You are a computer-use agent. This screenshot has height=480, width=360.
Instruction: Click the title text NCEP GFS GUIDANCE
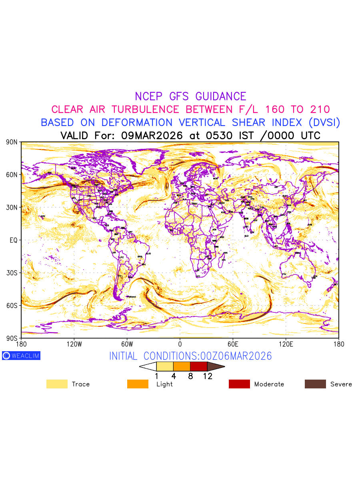point(190,96)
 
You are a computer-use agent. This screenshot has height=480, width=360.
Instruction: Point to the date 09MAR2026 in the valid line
point(152,136)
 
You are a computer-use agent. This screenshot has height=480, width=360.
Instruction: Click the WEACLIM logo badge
point(21,356)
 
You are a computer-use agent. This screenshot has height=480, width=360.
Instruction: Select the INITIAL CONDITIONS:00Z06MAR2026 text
point(190,356)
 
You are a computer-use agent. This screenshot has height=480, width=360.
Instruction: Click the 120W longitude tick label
point(74,344)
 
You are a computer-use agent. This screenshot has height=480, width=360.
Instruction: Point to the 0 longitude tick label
point(180,344)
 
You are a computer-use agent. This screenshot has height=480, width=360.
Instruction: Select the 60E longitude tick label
point(233,344)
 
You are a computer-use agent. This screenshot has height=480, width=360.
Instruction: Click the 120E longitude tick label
point(286,344)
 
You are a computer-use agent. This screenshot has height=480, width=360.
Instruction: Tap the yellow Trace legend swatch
point(56,384)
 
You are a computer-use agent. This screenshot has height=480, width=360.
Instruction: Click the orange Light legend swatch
point(138,384)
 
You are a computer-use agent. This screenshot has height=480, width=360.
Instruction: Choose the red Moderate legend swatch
point(239,384)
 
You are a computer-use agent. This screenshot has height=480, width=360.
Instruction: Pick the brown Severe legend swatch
point(315,384)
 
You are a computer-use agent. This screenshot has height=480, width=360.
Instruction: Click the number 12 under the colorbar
point(208,376)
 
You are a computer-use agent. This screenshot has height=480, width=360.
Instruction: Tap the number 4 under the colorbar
point(173,376)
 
